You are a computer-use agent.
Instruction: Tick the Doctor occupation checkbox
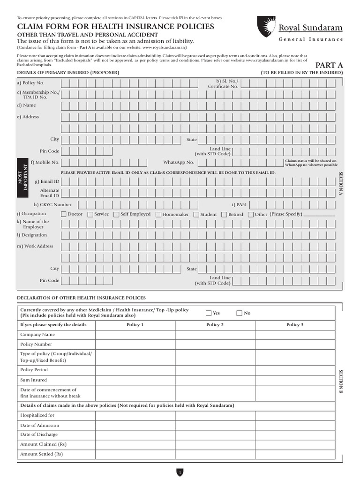(x=64, y=214)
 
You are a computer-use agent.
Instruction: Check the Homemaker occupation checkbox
(x=158, y=214)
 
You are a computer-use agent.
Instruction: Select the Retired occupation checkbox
(x=224, y=214)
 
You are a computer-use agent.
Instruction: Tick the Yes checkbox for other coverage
(x=209, y=313)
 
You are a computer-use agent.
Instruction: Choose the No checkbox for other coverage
(x=240, y=313)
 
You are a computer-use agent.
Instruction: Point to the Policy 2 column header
(x=215, y=324)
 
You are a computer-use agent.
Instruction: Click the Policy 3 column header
(x=295, y=324)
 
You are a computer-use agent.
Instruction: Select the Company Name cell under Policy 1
(x=135, y=335)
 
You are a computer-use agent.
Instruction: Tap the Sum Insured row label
(x=33, y=380)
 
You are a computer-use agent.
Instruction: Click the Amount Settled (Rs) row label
(x=41, y=454)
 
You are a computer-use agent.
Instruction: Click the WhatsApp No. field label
(x=178, y=162)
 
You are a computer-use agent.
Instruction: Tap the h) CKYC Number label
(x=52, y=204)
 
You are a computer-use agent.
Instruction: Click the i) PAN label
(x=239, y=204)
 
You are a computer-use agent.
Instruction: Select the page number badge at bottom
(x=180, y=472)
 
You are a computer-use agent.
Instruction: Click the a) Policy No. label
(x=30, y=83)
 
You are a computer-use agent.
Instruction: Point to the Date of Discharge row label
(x=39, y=435)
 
